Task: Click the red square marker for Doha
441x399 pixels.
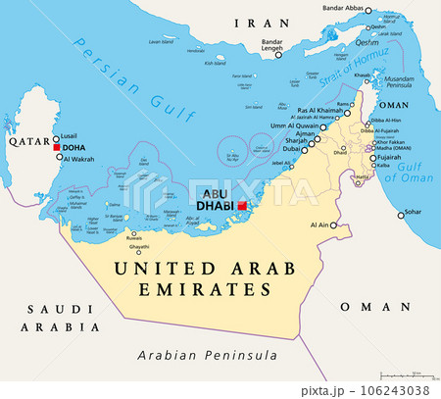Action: pyautogui.click(x=57, y=148)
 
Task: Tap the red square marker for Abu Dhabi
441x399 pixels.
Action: pyautogui.click(x=242, y=206)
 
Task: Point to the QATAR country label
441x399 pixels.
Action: pyautogui.click(x=28, y=140)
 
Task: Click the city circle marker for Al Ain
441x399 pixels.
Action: pyautogui.click(x=333, y=225)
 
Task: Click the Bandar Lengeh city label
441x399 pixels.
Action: pyautogui.click(x=271, y=46)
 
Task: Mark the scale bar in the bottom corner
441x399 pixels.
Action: pyautogui.click(x=407, y=374)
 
